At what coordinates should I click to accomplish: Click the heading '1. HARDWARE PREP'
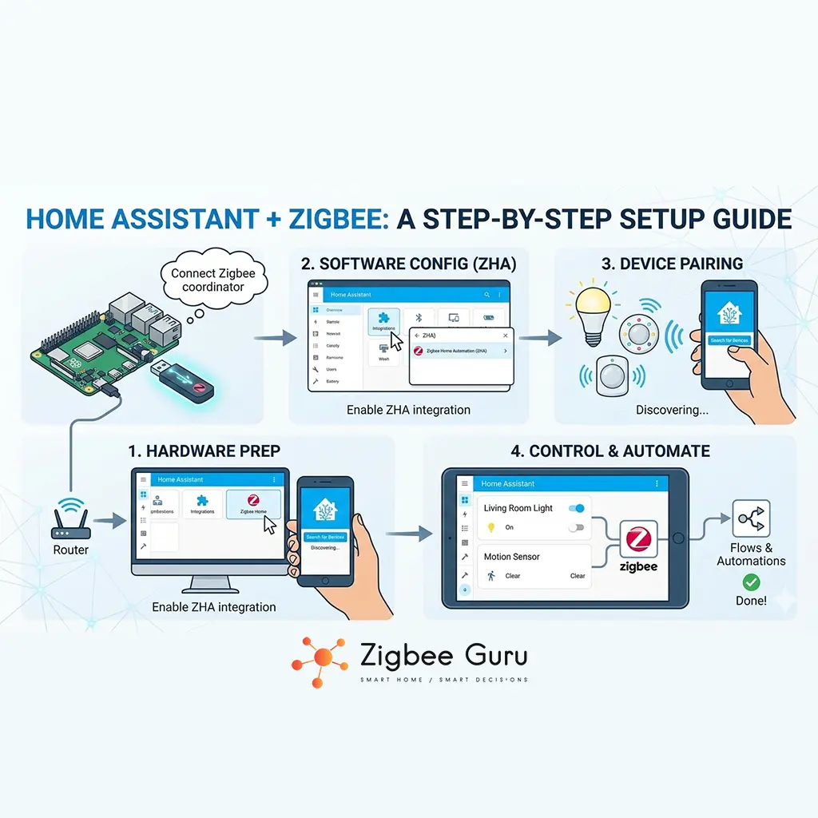click(x=204, y=451)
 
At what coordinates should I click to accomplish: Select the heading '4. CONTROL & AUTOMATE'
click(x=610, y=451)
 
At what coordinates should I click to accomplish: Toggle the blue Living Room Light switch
click(x=576, y=508)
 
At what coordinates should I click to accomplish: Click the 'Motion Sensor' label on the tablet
click(x=512, y=557)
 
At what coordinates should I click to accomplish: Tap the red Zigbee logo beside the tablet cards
click(x=638, y=540)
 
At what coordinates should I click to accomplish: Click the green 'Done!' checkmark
click(x=751, y=582)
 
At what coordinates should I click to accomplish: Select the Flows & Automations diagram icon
click(x=751, y=519)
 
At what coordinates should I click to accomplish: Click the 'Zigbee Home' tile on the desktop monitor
click(x=253, y=504)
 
